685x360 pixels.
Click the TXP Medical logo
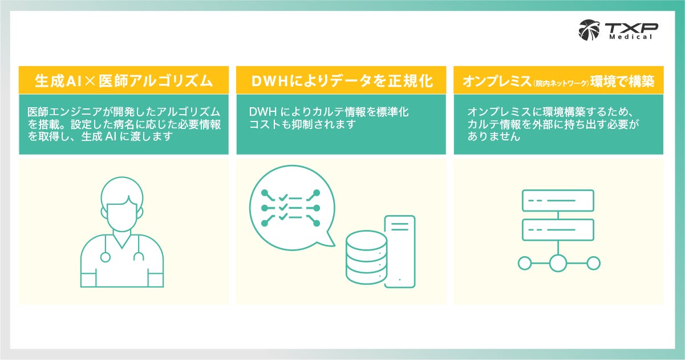pos(618,29)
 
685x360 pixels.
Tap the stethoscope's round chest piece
pos(105,257)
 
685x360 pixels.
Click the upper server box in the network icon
pos(558,200)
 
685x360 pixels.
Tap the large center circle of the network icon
pos(558,263)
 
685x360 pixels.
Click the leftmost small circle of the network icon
pos(524,263)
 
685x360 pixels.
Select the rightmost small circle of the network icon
pos(593,263)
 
